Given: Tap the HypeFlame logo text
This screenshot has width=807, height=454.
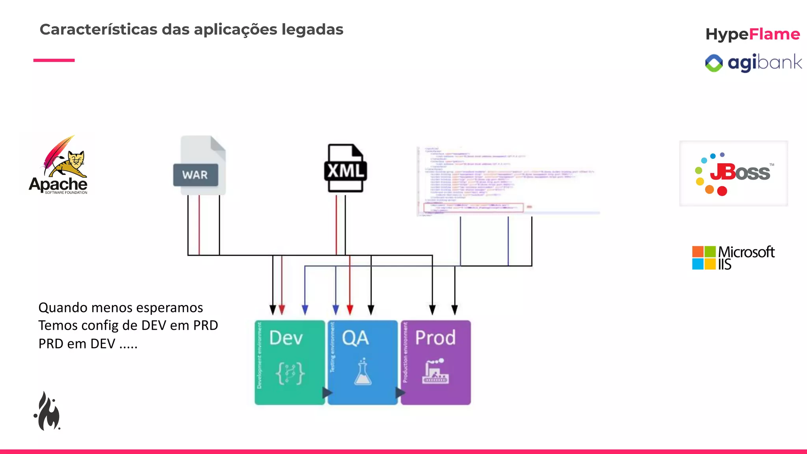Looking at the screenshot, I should click(752, 34).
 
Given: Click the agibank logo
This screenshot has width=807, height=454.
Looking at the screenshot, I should click(753, 63).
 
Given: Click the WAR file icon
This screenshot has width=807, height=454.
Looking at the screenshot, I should click(200, 166).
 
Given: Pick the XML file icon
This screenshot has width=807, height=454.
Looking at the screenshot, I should click(346, 168).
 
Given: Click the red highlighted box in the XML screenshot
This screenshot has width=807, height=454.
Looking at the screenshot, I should click(473, 207).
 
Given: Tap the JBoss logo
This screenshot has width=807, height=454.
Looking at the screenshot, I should click(733, 173).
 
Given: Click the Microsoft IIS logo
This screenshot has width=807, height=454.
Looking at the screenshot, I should click(733, 258).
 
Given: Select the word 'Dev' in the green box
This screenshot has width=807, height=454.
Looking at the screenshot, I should click(286, 338).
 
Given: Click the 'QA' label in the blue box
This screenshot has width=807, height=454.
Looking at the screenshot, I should click(355, 338).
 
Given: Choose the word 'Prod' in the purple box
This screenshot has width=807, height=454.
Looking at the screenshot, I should click(435, 338).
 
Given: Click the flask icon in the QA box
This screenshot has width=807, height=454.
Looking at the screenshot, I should click(363, 372).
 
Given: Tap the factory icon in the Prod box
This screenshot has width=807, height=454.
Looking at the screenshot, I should click(435, 371).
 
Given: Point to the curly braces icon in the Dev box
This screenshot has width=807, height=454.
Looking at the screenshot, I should click(290, 373).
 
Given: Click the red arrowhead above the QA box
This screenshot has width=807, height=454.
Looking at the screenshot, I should click(350, 309).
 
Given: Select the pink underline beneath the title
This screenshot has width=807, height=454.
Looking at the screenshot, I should click(54, 60).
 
